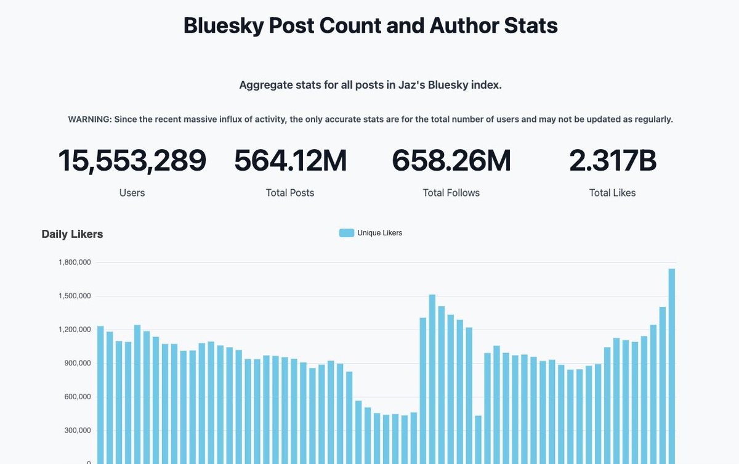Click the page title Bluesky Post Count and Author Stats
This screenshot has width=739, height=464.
[370, 26]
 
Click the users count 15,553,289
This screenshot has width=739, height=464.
[132, 161]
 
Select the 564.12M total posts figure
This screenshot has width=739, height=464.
[290, 161]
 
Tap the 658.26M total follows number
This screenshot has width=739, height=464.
[451, 161]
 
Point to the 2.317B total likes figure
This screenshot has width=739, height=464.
[612, 161]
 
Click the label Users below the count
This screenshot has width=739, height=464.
[132, 193]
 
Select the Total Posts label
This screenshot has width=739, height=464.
[290, 193]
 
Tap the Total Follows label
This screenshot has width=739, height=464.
[451, 193]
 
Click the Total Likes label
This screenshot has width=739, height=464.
[612, 193]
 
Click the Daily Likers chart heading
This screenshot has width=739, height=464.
[72, 234]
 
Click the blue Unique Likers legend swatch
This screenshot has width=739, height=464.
[346, 233]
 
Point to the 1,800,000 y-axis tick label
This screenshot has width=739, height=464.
[75, 263]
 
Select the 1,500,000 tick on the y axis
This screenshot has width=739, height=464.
[75, 296]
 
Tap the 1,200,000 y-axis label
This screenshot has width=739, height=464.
[75, 330]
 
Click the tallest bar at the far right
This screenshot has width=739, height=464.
[671, 370]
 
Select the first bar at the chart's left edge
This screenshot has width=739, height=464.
[100, 394]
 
